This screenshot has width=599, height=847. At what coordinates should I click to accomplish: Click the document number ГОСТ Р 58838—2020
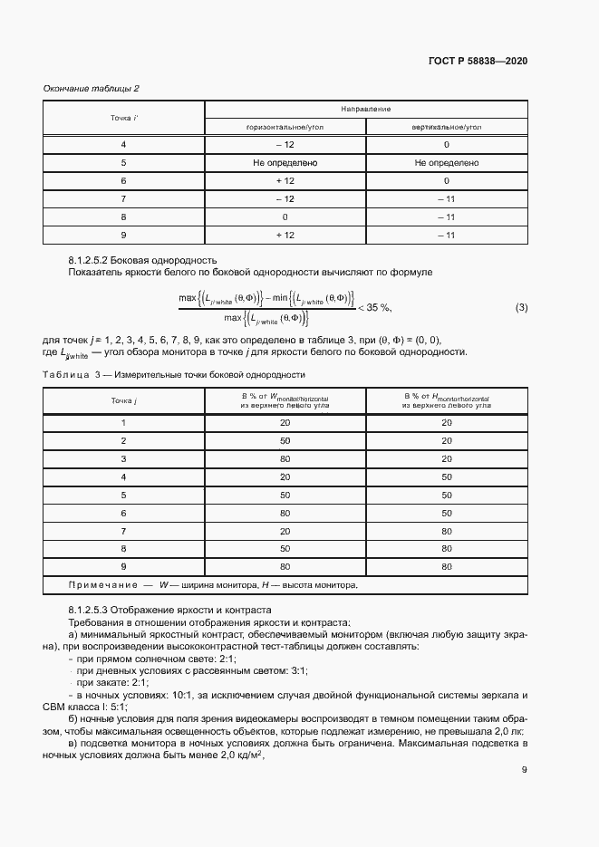point(478,61)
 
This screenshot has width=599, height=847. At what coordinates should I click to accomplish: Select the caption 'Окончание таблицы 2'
point(92,88)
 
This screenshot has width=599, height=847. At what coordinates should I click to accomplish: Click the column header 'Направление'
point(366,109)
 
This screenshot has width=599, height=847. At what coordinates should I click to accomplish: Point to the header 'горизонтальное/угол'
point(285,128)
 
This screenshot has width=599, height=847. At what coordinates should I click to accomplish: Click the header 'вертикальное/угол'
point(447,128)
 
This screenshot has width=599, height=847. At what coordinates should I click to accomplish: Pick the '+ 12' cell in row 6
point(285,180)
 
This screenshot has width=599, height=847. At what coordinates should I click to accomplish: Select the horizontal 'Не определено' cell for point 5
point(285,163)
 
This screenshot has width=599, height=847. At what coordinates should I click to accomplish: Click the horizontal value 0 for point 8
point(285,217)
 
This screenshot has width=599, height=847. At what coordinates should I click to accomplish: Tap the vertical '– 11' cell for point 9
point(447,235)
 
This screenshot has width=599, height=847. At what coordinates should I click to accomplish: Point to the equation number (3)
point(521,307)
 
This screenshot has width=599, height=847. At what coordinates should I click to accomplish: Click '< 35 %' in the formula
point(373,307)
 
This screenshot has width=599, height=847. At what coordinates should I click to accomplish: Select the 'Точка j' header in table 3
point(123,399)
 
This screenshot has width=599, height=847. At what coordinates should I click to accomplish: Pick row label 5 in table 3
point(123,496)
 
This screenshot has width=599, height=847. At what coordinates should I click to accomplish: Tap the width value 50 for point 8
point(285,549)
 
